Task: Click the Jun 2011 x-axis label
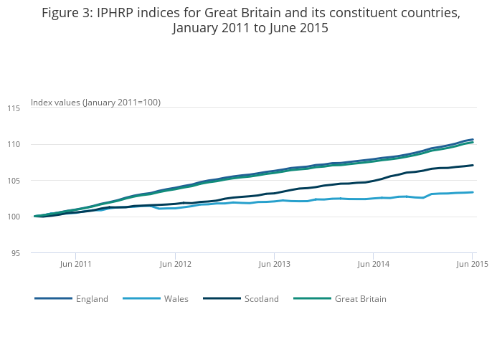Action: (76, 264)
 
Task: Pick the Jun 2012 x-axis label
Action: (176, 264)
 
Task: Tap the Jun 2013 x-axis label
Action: (275, 264)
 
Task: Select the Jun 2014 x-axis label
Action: (374, 264)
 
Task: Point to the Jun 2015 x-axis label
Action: (473, 264)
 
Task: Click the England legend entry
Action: (92, 298)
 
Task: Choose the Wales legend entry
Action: (176, 298)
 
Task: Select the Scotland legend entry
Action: (261, 298)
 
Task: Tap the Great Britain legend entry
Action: (361, 298)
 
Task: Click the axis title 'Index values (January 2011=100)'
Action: (95, 103)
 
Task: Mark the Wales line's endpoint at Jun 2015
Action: (473, 192)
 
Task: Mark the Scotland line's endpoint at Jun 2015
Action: (473, 165)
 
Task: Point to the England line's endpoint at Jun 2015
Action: (473, 139)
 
